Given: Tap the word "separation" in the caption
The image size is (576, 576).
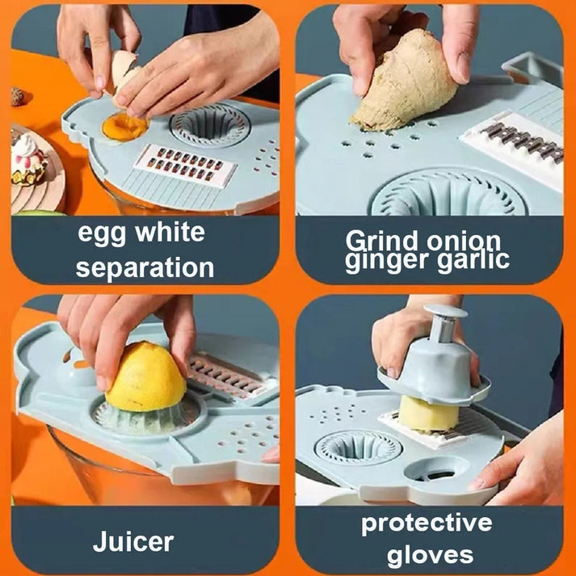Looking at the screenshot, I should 145,267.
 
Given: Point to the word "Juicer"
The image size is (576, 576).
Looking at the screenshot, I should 133,540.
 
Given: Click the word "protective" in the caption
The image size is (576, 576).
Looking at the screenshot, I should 427,523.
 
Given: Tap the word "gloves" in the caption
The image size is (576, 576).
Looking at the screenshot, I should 429,555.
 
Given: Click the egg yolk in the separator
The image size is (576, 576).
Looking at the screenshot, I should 126,127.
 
